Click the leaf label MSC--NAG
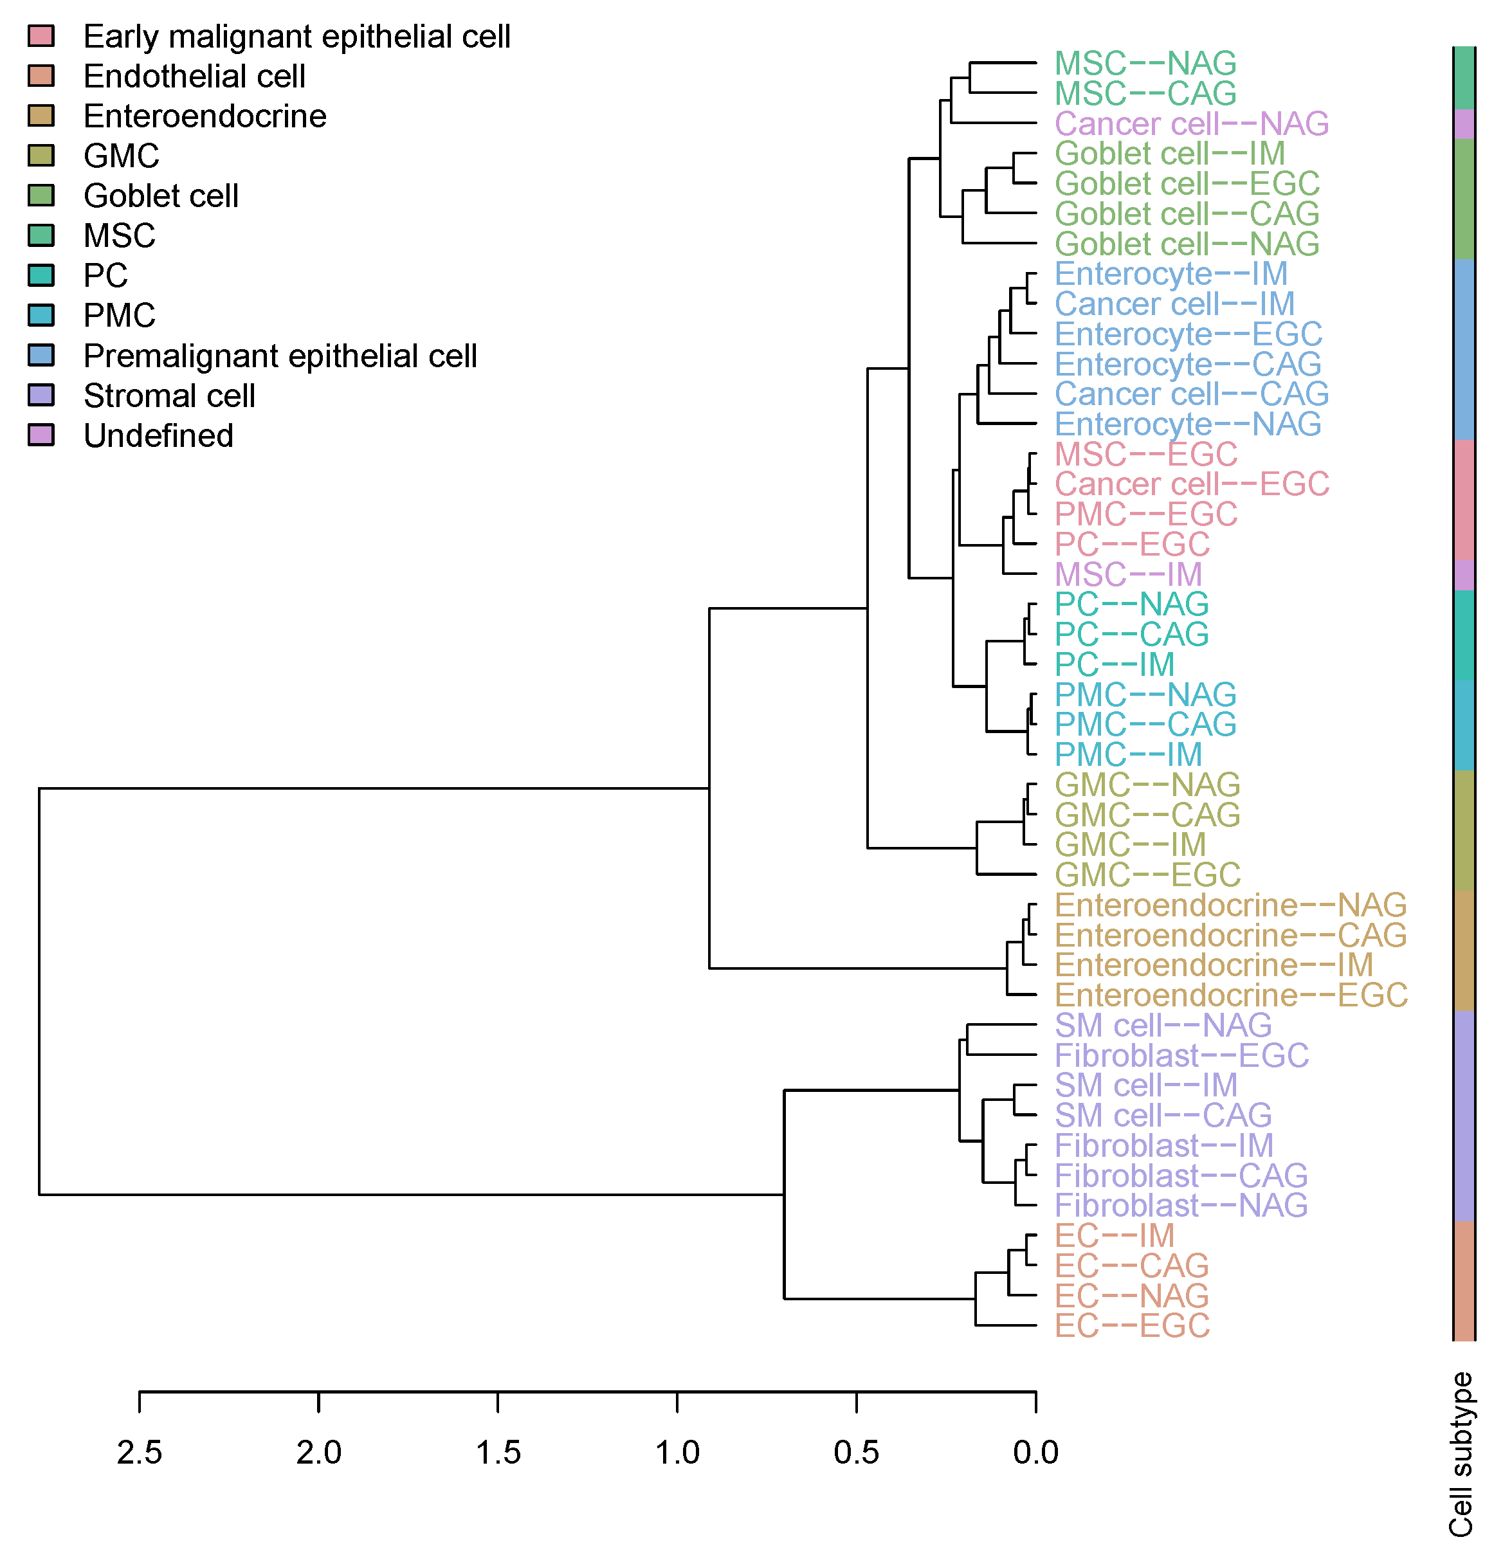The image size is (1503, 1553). coord(1145,64)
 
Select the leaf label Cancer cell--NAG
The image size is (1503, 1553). coord(1191,123)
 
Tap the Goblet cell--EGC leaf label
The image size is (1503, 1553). coord(1186,184)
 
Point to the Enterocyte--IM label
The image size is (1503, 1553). coord(1171,274)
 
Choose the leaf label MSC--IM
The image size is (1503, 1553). coord(1128,574)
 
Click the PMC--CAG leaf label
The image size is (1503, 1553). coord(1145,724)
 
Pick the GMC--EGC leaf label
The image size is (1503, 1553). coord(1147,875)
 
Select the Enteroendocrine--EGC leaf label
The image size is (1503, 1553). coord(1230,995)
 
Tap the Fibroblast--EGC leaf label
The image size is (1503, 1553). coord(1181,1055)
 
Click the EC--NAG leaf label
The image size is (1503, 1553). coord(1131,1296)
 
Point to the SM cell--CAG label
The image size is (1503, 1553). coord(1162,1116)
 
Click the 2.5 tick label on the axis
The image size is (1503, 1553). coord(140,1453)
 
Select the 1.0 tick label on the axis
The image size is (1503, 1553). coord(677,1453)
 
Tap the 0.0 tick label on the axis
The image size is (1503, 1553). coord(1035,1453)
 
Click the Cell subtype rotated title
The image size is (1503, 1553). coord(1460,1454)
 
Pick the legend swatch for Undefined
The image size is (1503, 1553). coord(41,435)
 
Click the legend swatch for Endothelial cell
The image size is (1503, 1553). coord(41,75)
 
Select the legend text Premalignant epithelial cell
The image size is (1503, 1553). coord(280,356)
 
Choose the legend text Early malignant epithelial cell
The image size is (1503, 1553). coord(296,37)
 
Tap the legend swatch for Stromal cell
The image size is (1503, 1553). coord(41,395)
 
